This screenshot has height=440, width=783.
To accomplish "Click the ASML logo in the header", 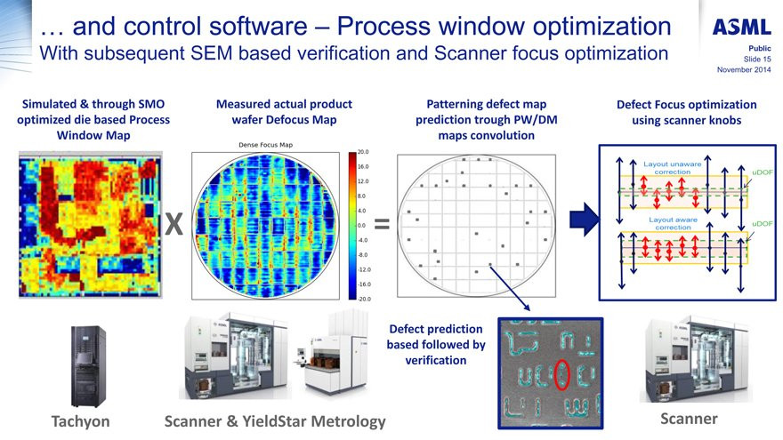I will point(741,27).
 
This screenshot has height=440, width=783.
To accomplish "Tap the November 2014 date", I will point(744,70).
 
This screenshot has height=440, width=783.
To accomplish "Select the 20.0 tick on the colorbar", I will point(362,152).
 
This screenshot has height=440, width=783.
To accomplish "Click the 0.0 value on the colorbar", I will point(362,225).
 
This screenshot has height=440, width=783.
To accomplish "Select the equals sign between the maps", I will point(382,226).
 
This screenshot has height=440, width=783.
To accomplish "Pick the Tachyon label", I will point(80,420).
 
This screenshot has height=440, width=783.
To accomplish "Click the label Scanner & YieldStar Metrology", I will point(276,420).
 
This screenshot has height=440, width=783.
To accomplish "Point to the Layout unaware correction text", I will point(678,168).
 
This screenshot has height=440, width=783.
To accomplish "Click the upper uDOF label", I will point(763,171).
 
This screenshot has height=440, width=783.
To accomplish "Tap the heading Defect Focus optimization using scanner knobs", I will point(686,112).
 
